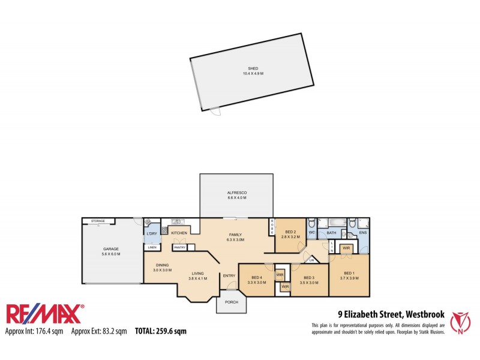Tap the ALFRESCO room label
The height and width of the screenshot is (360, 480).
tap(236, 191)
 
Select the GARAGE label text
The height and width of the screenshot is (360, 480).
tap(111, 248)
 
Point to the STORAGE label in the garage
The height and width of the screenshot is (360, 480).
tap(98, 221)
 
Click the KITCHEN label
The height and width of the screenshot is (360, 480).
tap(179, 233)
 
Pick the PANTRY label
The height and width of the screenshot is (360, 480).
tap(179, 247)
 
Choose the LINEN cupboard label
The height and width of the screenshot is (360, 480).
tap(152, 247)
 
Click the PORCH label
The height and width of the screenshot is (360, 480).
tap(231, 302)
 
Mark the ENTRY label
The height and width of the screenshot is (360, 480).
tap(229, 276)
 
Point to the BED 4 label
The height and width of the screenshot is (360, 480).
tap(256, 277)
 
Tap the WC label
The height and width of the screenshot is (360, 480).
tap(312, 232)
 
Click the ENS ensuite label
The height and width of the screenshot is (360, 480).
tap(362, 232)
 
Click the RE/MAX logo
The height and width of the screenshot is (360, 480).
tap(45, 314)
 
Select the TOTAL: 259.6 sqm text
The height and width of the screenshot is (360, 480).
tap(160, 331)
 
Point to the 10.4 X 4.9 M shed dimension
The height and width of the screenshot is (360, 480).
tap(253, 73)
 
